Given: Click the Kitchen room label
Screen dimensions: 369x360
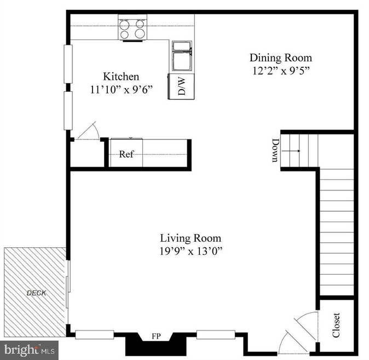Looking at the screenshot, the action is pyautogui.click(x=121, y=77).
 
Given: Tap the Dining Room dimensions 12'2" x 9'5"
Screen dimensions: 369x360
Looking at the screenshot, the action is pyautogui.click(x=281, y=71).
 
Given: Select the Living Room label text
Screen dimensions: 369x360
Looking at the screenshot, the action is pyautogui.click(x=191, y=238).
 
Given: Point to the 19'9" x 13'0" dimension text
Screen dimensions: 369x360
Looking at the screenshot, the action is pyautogui.click(x=191, y=251).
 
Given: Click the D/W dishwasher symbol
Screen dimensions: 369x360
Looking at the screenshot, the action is pyautogui.click(x=181, y=86).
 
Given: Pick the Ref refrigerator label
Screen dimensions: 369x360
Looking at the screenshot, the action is pyautogui.click(x=126, y=154).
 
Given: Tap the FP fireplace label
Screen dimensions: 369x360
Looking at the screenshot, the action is pyautogui.click(x=156, y=336).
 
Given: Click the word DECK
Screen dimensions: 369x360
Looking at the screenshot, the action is pyautogui.click(x=36, y=293).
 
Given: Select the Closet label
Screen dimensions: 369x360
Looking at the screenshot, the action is pyautogui.click(x=336, y=325).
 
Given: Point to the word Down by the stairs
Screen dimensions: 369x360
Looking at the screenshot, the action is pyautogui.click(x=275, y=150).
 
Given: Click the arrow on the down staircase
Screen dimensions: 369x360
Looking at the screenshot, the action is pyautogui.click(x=291, y=151).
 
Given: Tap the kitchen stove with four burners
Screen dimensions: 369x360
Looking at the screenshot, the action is pyautogui.click(x=132, y=28).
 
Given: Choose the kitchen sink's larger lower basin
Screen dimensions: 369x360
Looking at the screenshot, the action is pyautogui.click(x=182, y=61).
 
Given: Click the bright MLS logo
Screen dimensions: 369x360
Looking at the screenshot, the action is pyautogui.click(x=29, y=350).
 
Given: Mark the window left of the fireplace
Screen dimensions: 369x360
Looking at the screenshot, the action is pyautogui.click(x=95, y=335).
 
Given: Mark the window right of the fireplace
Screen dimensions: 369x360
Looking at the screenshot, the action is pyautogui.click(x=216, y=335).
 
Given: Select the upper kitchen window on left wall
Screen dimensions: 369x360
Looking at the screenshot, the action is pyautogui.click(x=68, y=64).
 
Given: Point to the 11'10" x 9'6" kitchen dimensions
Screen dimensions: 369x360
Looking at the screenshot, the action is pyautogui.click(x=122, y=90).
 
